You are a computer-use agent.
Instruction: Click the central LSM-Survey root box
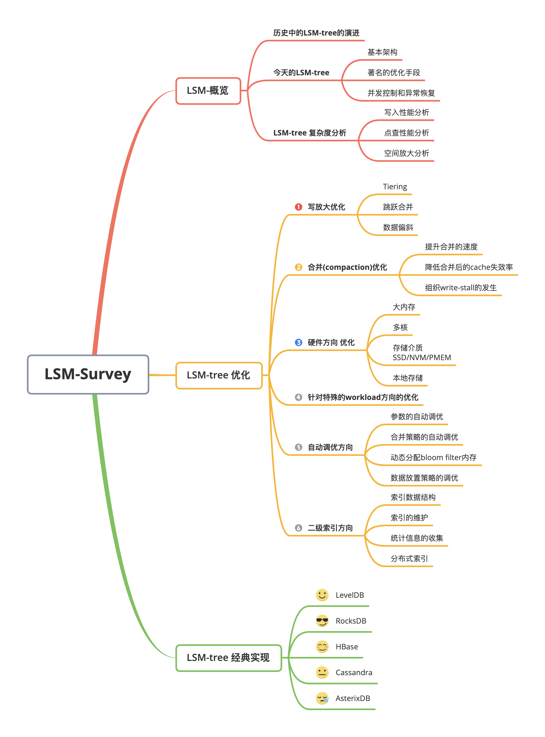point(88,374)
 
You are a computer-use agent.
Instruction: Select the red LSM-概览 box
point(208,91)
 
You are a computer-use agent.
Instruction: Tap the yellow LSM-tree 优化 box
point(219,375)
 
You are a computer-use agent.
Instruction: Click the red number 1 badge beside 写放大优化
point(298,207)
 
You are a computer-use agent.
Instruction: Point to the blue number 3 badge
point(298,342)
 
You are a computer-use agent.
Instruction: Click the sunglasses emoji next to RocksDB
point(322,621)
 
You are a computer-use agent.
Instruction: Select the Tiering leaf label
point(395,187)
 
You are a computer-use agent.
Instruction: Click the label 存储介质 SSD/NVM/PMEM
point(421,353)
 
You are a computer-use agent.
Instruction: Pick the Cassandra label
point(354,672)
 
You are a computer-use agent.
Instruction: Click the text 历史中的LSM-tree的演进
point(316,33)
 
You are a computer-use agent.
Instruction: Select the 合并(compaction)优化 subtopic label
point(347,267)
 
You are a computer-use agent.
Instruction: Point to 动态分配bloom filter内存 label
point(433,457)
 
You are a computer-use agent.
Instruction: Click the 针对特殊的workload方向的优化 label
point(363,397)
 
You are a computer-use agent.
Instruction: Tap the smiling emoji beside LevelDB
point(322,595)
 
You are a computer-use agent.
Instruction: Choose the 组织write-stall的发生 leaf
point(461,288)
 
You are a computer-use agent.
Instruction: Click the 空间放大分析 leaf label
point(406,153)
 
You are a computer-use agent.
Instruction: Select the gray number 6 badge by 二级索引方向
point(298,528)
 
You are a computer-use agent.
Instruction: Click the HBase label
point(346,647)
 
